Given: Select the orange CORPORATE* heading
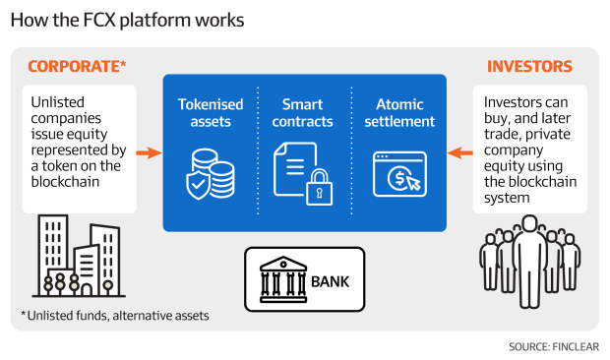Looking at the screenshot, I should [x=78, y=67].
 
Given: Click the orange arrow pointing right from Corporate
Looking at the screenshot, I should [x=149, y=153].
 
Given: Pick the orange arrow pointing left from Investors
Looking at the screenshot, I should [x=459, y=153].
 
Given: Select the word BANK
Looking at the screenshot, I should [x=330, y=280].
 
